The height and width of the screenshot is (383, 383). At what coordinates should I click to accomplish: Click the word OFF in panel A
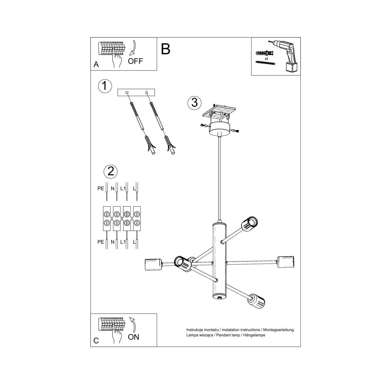point(135,61)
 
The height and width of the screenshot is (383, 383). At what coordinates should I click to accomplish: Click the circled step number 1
point(105,86)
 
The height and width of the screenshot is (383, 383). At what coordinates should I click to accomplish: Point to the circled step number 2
point(111,171)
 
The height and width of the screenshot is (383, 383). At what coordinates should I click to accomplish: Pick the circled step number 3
point(195,103)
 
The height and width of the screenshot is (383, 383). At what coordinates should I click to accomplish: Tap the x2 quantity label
point(266,59)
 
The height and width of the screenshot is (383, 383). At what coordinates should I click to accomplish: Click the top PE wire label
point(101,188)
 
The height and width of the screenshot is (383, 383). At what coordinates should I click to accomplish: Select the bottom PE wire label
point(101,242)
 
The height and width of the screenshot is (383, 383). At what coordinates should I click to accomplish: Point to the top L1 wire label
point(123,188)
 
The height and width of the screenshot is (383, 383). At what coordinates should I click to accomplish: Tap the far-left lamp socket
point(153,265)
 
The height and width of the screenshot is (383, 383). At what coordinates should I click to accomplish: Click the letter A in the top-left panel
point(96,64)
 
